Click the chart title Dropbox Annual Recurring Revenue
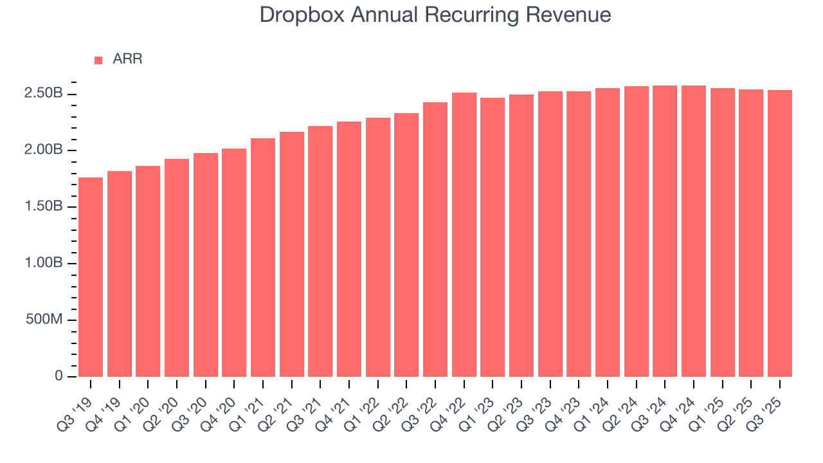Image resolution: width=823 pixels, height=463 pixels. pyautogui.click(x=435, y=15)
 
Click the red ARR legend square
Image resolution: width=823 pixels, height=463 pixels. pyautogui.click(x=98, y=60)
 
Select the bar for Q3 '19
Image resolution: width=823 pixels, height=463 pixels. pyautogui.click(x=91, y=277)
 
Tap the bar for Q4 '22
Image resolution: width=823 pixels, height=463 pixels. pyautogui.click(x=464, y=235)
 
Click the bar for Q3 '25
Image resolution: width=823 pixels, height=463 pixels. pyautogui.click(x=780, y=233)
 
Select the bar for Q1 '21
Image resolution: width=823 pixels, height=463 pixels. pyautogui.click(x=263, y=257)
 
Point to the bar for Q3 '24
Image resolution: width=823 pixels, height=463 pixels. pyautogui.click(x=665, y=231)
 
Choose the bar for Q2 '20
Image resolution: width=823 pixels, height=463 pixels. pyautogui.click(x=177, y=268)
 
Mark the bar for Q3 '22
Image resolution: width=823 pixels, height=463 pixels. pyautogui.click(x=435, y=239)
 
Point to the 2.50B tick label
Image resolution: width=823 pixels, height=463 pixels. pyautogui.click(x=43, y=94)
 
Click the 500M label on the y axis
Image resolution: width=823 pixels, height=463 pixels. pyautogui.click(x=44, y=320)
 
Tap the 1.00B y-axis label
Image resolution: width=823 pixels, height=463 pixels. pyautogui.click(x=43, y=264)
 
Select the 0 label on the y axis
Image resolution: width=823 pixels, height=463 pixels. pyautogui.click(x=59, y=376)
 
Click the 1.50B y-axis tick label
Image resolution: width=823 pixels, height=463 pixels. pyautogui.click(x=43, y=207)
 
